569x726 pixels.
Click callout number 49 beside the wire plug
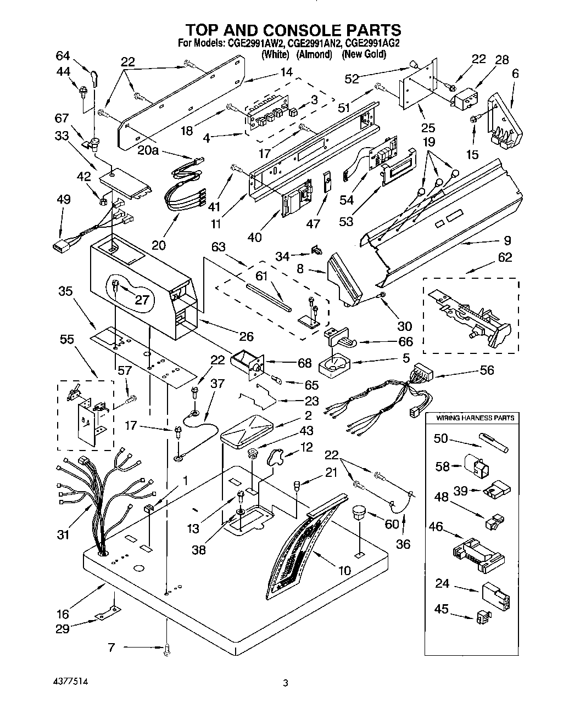[63, 199]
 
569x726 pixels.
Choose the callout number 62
[504, 257]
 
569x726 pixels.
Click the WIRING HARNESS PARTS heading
[475, 418]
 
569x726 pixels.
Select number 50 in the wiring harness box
[441, 438]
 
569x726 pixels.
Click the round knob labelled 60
[359, 514]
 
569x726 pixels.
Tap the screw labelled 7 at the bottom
[166, 651]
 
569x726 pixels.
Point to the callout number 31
[63, 533]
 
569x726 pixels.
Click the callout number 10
[344, 571]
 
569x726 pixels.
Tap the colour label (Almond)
[315, 54]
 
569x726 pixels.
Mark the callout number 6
[515, 74]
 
